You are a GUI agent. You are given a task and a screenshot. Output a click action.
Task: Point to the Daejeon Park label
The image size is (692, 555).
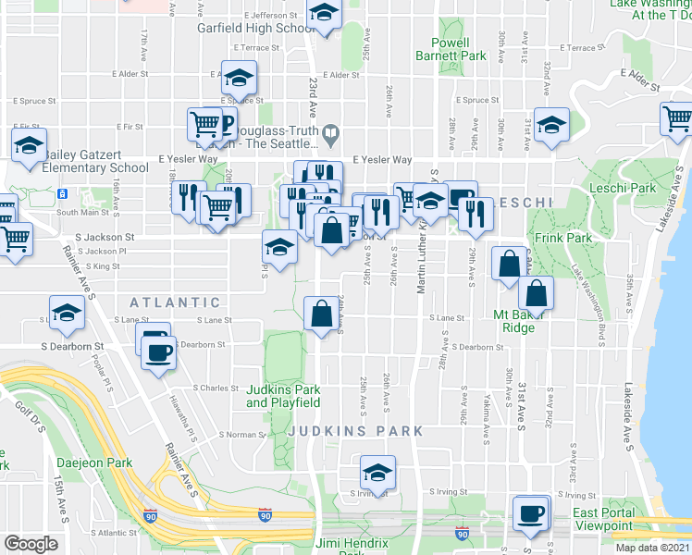point(94,462)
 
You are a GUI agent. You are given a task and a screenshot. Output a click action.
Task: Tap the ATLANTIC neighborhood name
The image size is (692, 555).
point(175,302)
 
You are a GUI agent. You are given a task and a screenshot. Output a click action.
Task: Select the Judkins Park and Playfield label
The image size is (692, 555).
point(283,396)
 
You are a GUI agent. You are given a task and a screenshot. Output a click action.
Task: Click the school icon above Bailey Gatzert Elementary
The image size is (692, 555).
point(29,145)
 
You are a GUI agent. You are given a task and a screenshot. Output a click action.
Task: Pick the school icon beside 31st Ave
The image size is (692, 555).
point(551,125)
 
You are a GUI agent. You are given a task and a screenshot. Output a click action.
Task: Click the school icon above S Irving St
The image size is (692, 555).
point(377,473)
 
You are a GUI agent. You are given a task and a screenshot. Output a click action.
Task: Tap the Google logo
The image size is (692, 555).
point(31,544)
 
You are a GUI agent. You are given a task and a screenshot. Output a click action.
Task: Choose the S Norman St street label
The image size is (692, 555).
point(241,434)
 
